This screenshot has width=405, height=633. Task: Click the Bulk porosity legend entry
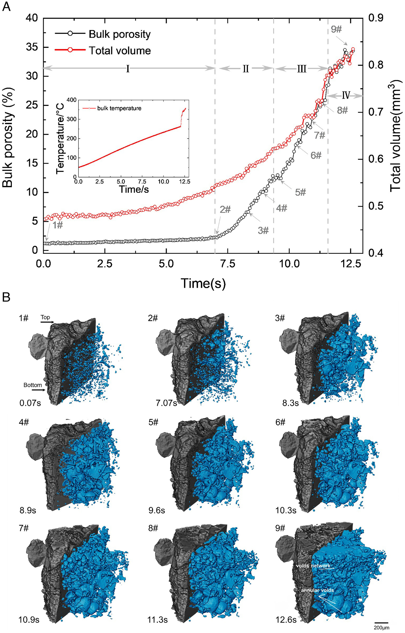[x=119, y=34]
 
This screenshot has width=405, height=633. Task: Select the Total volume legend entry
[x=120, y=51]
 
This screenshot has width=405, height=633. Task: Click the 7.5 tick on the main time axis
[x=228, y=264]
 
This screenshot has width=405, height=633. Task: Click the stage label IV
[x=346, y=95]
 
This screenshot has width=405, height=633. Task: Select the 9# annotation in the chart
[x=336, y=29]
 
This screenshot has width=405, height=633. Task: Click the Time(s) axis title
[x=203, y=283]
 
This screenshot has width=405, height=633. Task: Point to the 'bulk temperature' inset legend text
[x=119, y=108]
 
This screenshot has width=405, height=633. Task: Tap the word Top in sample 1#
[x=45, y=317]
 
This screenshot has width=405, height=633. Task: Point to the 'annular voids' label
[x=317, y=590]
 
